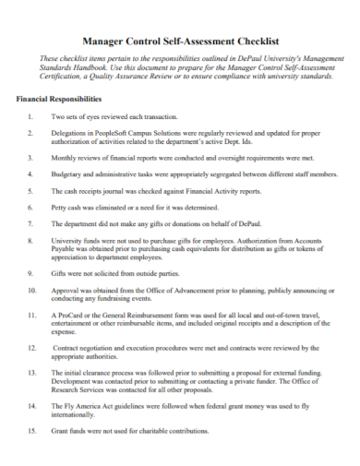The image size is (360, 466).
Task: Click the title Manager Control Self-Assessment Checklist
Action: [181, 42]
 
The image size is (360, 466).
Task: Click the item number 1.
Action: [31, 117]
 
